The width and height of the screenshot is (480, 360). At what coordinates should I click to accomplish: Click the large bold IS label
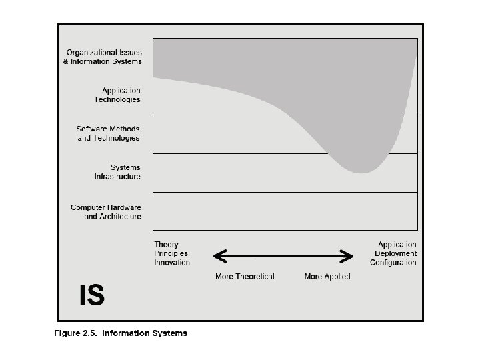pyautogui.click(x=91, y=294)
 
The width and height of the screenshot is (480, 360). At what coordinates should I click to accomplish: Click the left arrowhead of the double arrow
pyautogui.click(x=218, y=255)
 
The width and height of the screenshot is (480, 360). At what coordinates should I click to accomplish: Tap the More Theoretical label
pyautogui.click(x=245, y=276)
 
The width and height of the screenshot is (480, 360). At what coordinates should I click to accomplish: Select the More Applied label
pyautogui.click(x=327, y=276)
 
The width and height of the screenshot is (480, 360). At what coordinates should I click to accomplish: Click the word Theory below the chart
pyautogui.click(x=166, y=245)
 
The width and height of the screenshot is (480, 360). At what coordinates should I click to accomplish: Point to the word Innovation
pyautogui.click(x=172, y=262)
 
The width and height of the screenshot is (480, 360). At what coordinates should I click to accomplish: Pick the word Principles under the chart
pyautogui.click(x=171, y=253)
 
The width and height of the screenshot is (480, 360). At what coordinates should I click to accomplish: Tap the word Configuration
pyautogui.click(x=393, y=262)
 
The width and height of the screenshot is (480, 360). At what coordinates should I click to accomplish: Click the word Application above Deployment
pyautogui.click(x=397, y=245)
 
